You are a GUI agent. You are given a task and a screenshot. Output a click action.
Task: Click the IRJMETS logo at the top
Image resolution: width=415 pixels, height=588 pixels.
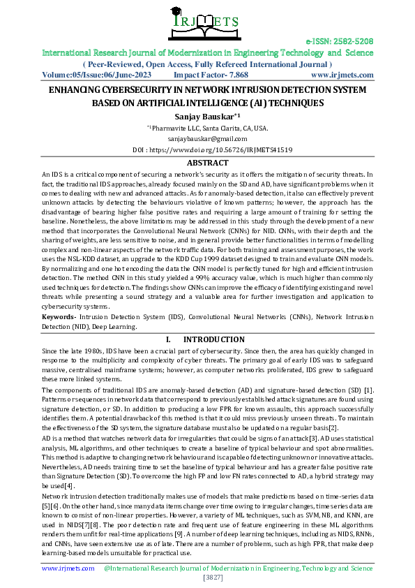207,22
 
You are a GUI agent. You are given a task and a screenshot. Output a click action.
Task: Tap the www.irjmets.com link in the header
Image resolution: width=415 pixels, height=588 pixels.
342,73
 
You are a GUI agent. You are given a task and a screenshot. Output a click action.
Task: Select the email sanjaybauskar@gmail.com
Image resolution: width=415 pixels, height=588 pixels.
207,139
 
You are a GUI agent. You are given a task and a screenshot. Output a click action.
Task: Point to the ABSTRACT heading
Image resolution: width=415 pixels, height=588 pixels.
207,162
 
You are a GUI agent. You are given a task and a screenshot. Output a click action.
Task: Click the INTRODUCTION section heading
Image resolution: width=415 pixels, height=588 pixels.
218,340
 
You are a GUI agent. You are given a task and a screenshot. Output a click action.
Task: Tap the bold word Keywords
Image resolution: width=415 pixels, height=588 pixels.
59,317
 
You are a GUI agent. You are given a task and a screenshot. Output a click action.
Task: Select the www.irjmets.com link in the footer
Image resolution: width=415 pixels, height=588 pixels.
68,568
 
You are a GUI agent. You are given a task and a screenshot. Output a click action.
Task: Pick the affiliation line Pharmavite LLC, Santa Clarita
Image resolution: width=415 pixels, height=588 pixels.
208,128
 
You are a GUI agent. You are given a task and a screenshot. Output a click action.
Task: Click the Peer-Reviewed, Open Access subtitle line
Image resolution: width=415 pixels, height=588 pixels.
207,63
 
